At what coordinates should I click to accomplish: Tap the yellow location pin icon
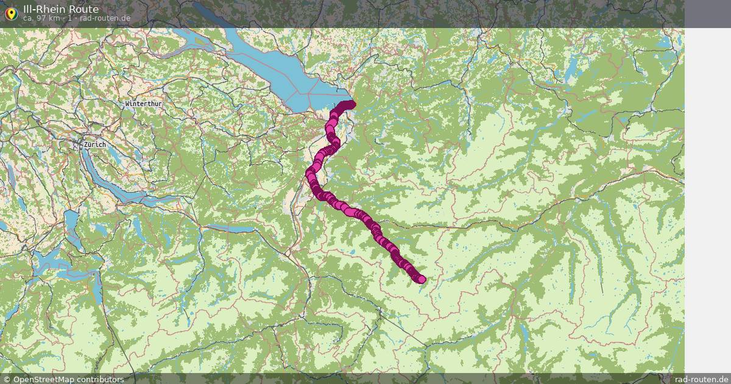11,13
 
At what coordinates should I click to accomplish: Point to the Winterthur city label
143,104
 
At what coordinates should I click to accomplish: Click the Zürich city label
95,144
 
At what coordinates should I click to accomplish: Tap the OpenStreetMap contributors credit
68,379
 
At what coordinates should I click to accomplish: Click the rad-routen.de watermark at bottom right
701,379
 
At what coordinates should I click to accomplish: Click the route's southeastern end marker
421,279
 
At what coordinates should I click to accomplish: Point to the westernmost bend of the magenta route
309,173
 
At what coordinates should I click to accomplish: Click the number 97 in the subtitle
41,18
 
